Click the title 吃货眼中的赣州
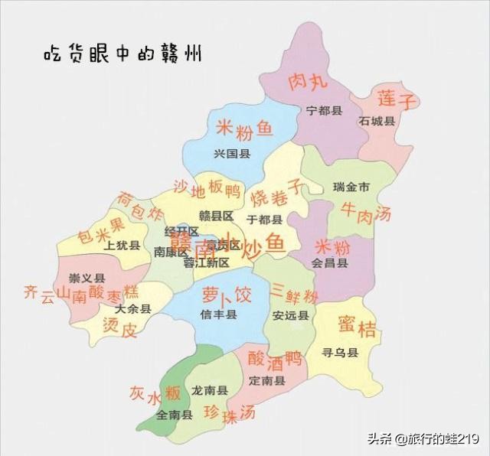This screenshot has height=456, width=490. tap(122, 55)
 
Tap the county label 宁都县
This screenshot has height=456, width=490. tap(323, 111)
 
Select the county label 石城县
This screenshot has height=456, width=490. tap(377, 121)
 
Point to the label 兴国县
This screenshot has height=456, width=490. tap(233, 154)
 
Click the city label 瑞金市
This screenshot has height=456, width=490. tap(352, 187)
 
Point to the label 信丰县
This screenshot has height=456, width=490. tap(219, 314)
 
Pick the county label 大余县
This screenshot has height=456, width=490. tap(133, 309)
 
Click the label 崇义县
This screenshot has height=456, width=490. tap(87, 278)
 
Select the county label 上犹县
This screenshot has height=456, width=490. tap(122, 246)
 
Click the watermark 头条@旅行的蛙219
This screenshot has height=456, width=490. tap(423, 439)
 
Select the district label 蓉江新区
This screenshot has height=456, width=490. tap(206, 262)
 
